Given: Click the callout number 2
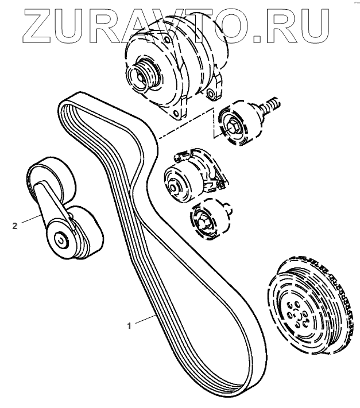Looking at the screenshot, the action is point(15,226).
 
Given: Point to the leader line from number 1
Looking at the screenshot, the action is point(144,320).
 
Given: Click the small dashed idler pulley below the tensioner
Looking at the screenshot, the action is point(205,219).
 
